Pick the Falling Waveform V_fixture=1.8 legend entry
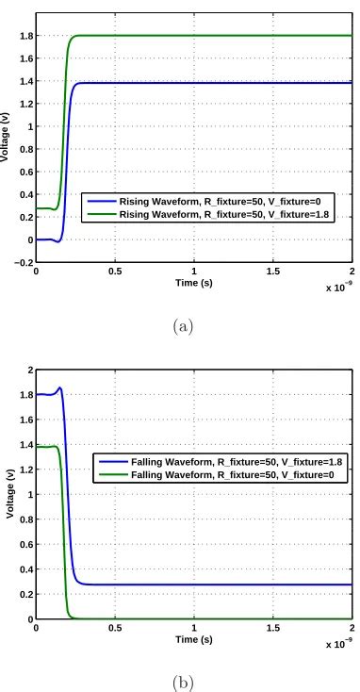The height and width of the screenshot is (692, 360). click(x=223, y=461)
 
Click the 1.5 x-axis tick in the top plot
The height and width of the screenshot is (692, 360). click(x=272, y=272)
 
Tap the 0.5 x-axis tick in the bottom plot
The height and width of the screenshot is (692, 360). click(x=115, y=627)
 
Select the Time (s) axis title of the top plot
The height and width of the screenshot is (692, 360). click(x=193, y=281)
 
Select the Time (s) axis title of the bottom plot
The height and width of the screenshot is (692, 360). click(x=193, y=636)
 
